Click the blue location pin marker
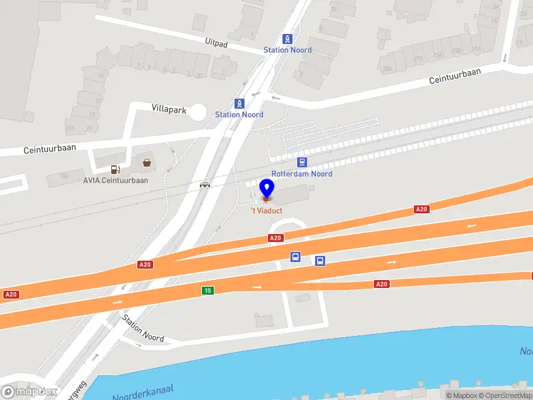point(266,189)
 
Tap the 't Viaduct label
point(266,211)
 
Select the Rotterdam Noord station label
point(302,174)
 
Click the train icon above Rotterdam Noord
point(302,162)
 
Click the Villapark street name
point(169,107)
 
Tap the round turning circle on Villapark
point(197,112)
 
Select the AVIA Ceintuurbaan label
point(116,180)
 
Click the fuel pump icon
point(116,169)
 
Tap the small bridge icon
point(205,185)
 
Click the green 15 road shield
point(208,290)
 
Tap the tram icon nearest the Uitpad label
point(287,39)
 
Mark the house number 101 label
point(69,128)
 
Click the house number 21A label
point(476,49)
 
